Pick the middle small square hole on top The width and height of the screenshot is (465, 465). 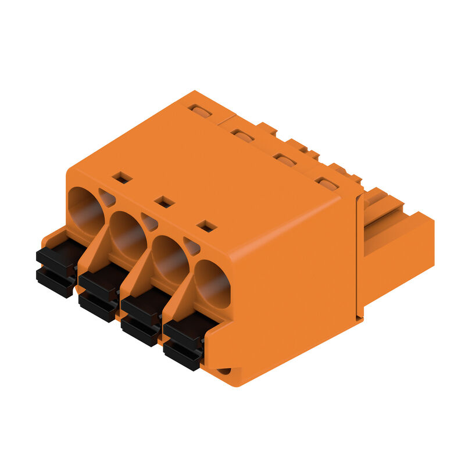click(165, 202)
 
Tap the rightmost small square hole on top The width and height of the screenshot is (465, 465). click(207, 226)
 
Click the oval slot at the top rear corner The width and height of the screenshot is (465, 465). click(201, 111)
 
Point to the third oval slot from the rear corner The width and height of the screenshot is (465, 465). click(285, 160)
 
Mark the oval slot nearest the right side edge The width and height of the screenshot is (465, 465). click(327, 184)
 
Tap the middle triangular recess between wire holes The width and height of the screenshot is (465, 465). click(149, 223)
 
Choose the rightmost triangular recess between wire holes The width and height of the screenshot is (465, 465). click(191, 247)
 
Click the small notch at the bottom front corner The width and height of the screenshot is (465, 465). click(224, 370)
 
